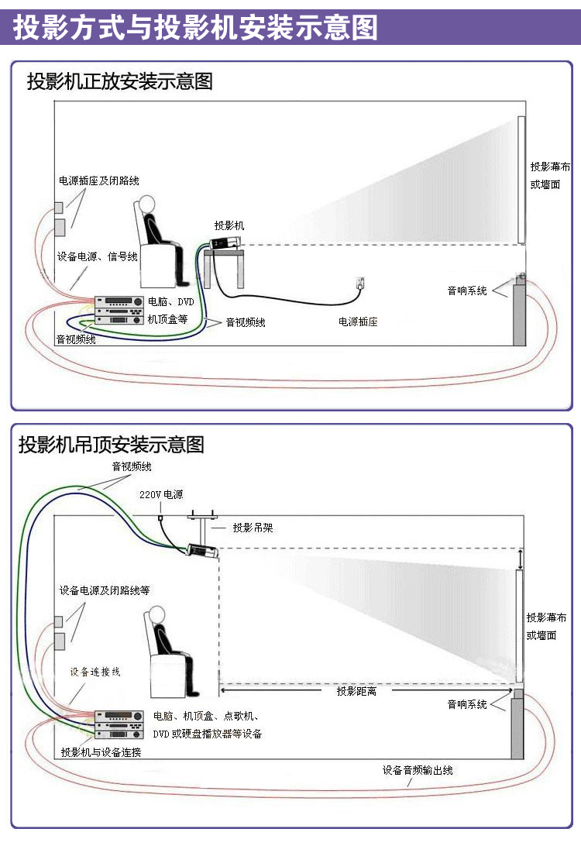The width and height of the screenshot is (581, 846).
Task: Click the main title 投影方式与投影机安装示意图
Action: tap(195, 28)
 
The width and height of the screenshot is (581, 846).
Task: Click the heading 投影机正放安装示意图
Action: tap(119, 81)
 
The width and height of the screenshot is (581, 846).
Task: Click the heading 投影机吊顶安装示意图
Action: tap(112, 445)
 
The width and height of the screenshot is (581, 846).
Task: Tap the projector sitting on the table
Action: tap(225, 243)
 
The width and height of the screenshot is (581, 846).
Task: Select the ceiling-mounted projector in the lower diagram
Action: tap(203, 551)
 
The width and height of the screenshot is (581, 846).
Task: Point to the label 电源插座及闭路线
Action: tap(99, 181)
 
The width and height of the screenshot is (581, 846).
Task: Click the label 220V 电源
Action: tap(161, 493)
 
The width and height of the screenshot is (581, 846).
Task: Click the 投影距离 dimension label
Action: tap(356, 691)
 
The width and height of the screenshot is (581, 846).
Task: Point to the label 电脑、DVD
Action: tap(171, 302)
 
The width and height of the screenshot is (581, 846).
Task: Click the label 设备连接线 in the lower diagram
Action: tap(95, 672)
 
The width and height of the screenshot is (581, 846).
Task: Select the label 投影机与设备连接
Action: tap(101, 752)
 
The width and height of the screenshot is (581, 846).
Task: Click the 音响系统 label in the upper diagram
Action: tap(467, 291)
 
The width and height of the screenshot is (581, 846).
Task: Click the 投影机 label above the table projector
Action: tap(229, 225)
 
